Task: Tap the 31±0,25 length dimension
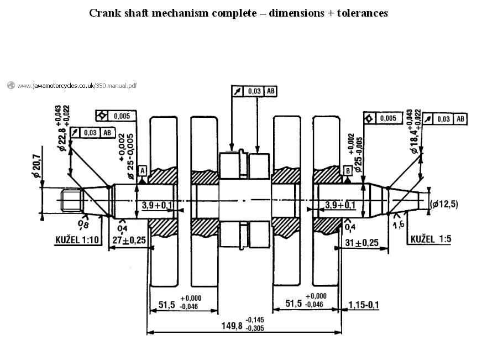pyautogui.click(x=361, y=242)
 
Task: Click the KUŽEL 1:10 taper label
pyautogui.click(x=77, y=239)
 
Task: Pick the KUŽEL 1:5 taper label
pyautogui.click(x=431, y=239)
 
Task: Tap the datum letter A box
pyautogui.click(x=142, y=171)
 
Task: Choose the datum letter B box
pyautogui.click(x=348, y=170)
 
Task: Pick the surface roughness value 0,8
pyautogui.click(x=83, y=224)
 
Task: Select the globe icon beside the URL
pyautogui.click(x=11, y=85)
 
